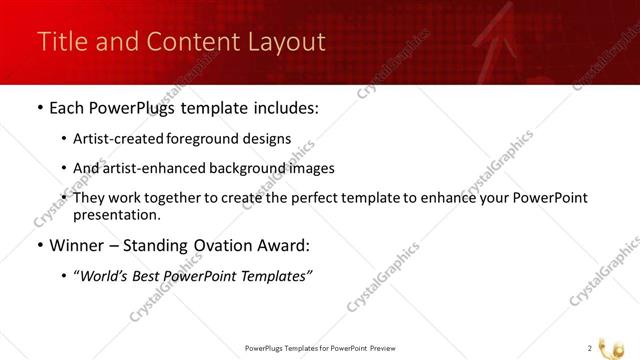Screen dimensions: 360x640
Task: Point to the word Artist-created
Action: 117,139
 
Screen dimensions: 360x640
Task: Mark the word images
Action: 311,168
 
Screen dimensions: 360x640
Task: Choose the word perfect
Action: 313,198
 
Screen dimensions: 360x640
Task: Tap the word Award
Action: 284,245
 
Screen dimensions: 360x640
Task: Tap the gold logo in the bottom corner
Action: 619,345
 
